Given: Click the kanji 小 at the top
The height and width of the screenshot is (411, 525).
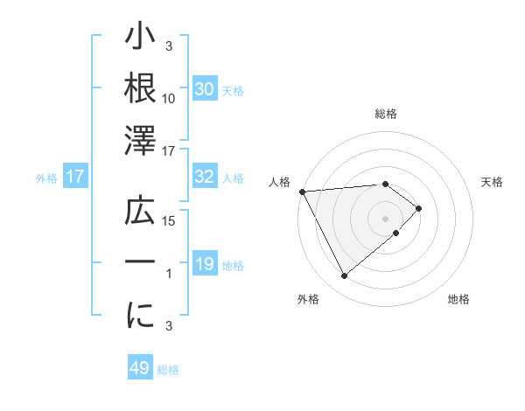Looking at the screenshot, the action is point(141,39).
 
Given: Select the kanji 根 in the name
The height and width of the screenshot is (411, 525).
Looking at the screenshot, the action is point(141,89).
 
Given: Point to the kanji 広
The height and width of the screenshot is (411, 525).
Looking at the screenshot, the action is point(141,216).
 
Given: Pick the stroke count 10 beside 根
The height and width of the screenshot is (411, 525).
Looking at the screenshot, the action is point(169,98).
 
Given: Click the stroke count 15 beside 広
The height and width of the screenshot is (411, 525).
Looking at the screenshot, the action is point(169,221).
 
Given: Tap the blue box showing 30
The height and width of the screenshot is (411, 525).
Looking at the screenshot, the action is point(205,89).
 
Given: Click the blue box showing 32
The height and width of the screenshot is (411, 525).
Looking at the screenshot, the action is point(205,177).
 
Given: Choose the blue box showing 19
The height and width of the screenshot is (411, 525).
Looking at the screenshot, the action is point(205,264).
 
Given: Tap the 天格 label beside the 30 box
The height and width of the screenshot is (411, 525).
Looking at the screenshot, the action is point(233,90).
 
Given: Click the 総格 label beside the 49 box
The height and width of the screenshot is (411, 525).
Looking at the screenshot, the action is point(168,369).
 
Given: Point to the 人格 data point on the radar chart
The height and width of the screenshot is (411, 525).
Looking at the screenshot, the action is point(301,191).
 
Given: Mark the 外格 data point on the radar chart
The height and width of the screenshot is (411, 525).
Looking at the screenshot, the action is point(344,276).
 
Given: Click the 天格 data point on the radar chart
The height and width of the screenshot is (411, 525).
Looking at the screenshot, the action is point(419,208).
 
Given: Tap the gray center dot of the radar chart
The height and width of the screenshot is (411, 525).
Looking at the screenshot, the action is point(385,218).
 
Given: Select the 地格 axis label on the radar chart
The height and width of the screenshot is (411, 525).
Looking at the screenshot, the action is point(458,299).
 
